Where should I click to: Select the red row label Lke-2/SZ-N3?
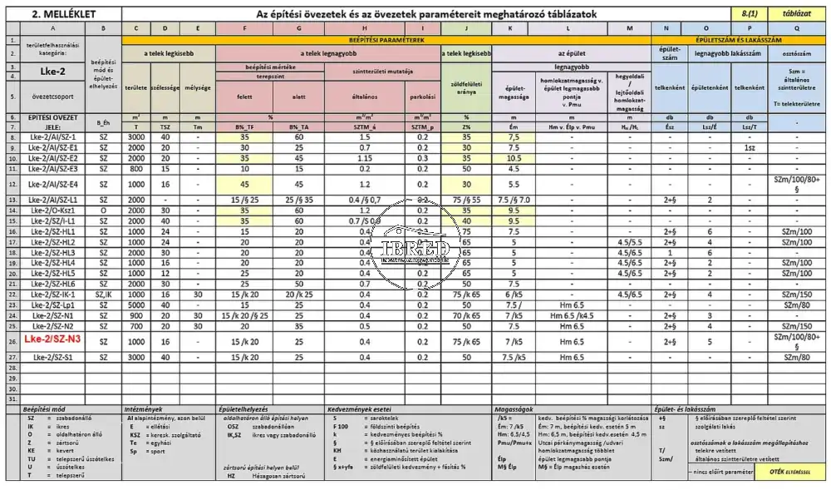[52, 340]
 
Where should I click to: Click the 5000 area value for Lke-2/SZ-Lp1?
[135, 304]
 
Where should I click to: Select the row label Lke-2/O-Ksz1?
[52, 210]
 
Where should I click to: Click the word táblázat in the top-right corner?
[797, 14]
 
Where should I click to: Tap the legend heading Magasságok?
[509, 410]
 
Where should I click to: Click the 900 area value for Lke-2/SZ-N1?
[135, 315]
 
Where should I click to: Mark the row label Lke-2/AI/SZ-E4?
[52, 184]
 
